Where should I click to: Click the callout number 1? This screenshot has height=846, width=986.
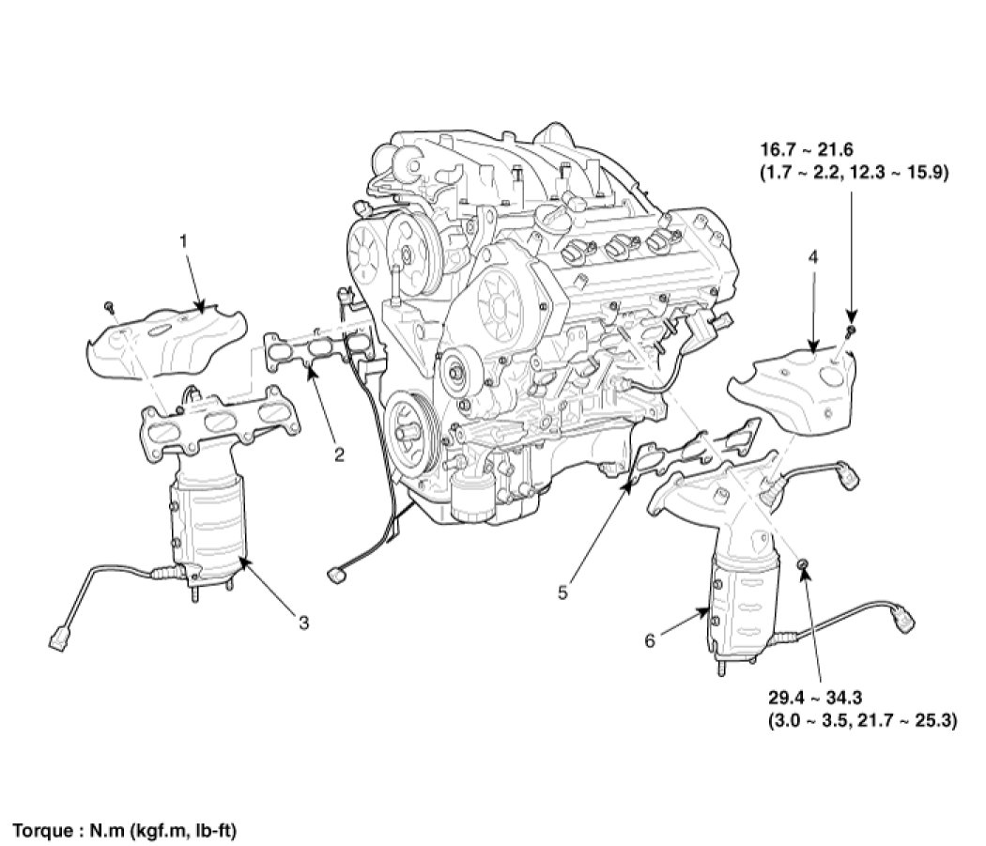(184, 241)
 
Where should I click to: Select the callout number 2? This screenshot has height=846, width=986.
(339, 456)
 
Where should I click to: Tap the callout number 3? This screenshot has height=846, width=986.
(303, 621)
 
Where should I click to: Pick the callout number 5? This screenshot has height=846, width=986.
(563, 592)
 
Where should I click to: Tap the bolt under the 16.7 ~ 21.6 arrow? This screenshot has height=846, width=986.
(849, 331)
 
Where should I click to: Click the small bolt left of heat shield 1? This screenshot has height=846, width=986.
(110, 306)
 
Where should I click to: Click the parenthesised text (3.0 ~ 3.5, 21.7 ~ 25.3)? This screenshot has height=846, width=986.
(862, 721)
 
